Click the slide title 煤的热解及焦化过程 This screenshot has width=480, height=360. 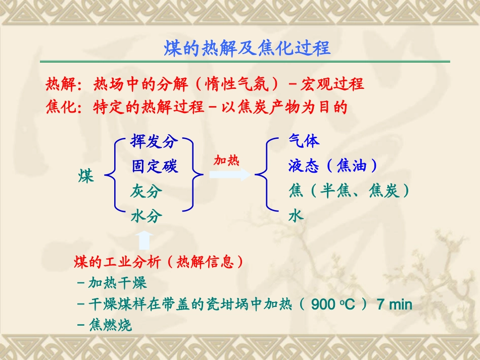(x=247, y=48)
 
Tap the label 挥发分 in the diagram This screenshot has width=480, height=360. (x=155, y=141)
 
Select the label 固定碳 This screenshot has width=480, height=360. (x=155, y=166)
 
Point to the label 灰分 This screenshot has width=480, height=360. (x=147, y=191)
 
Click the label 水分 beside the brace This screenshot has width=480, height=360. (x=147, y=216)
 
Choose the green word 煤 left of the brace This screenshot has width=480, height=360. (x=86, y=177)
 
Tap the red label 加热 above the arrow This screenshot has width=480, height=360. (x=226, y=161)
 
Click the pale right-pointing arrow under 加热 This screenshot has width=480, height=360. (x=230, y=175)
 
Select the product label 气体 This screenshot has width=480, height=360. (x=304, y=141)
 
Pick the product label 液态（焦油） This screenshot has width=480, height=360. (x=333, y=166)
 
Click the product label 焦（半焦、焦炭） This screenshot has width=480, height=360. (x=349, y=191)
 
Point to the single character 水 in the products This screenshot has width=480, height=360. (x=296, y=216)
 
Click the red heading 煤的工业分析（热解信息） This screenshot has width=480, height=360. (x=159, y=262)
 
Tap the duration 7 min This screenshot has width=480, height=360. (x=395, y=304)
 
